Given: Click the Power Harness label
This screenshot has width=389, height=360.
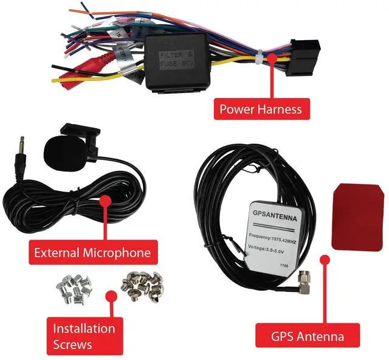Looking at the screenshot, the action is pyautogui.click(x=260, y=109).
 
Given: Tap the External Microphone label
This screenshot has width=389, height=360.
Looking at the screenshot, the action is pyautogui.click(x=92, y=251).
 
